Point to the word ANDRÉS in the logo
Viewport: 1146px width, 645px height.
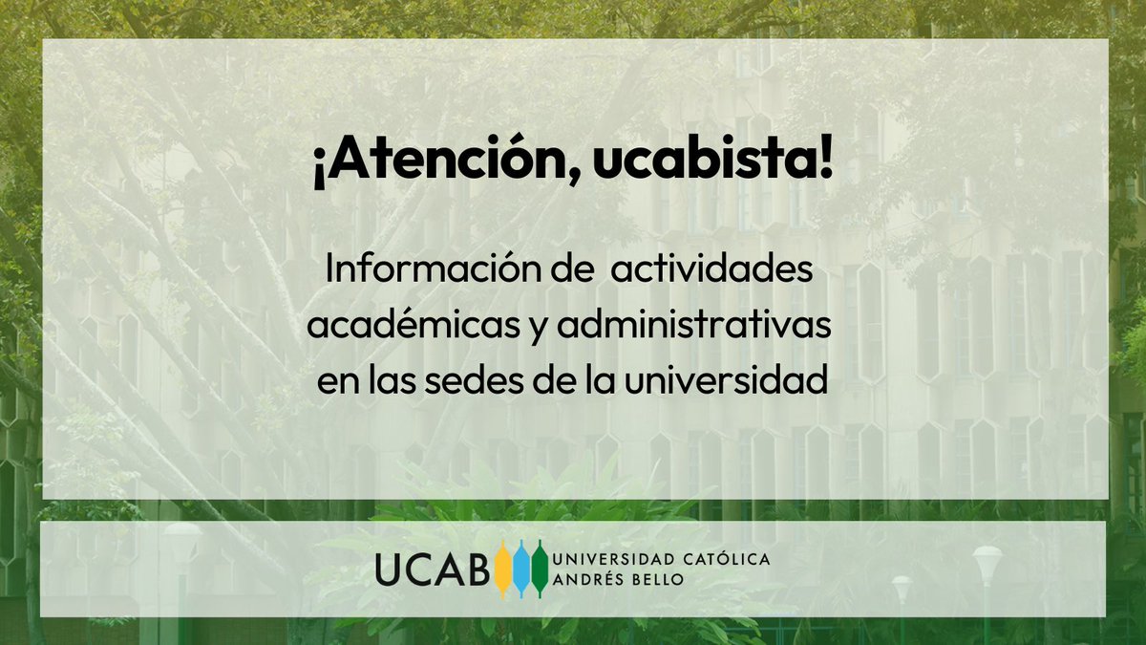coord(591,579)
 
